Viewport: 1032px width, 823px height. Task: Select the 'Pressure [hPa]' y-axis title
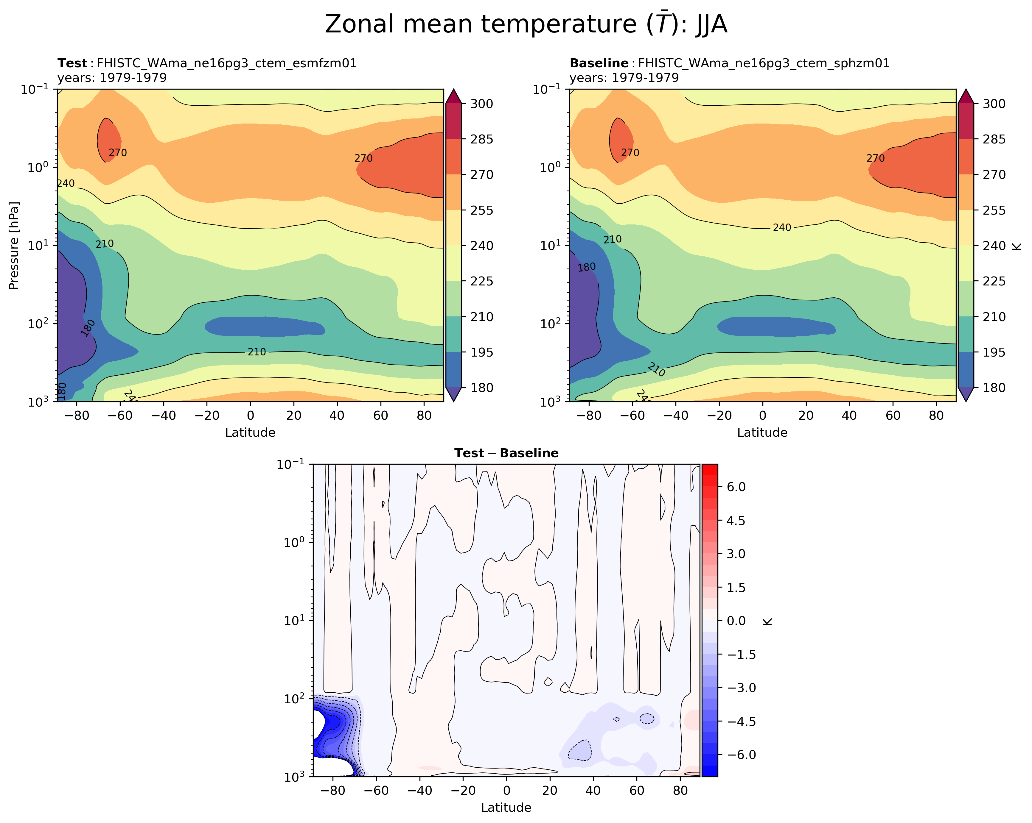[x=14, y=245]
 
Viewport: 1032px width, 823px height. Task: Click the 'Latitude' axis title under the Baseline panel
[x=762, y=432]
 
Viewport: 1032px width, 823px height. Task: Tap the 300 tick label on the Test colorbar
[x=481, y=104]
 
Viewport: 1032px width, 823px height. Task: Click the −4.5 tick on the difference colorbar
[x=741, y=722]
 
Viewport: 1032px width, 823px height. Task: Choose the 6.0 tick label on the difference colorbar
[x=736, y=487]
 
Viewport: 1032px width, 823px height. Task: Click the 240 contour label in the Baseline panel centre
[x=782, y=228]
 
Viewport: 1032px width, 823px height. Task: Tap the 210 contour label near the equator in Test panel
[x=257, y=352]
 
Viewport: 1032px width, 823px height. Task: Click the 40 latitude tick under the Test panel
[x=337, y=416]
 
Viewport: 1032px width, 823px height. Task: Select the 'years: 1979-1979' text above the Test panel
[x=112, y=77]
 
